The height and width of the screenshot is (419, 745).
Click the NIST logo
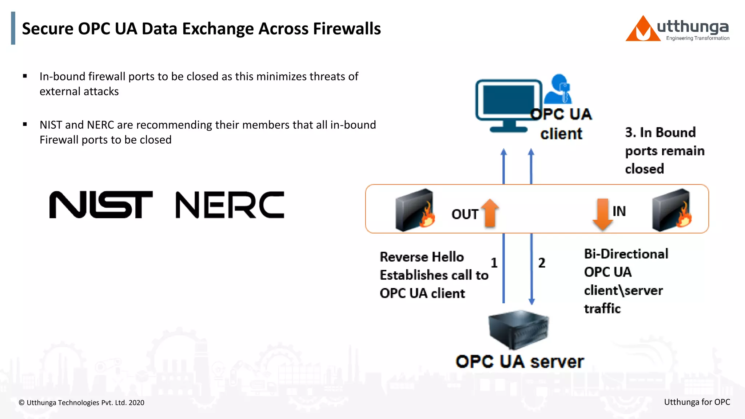click(x=101, y=205)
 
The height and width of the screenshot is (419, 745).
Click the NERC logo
click(x=230, y=205)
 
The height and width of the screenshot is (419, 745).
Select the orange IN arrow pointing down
click(x=602, y=214)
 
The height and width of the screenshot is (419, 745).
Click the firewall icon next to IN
click(x=672, y=210)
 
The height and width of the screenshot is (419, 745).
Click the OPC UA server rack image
click(x=519, y=329)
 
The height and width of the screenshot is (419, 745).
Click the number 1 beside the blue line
click(x=494, y=263)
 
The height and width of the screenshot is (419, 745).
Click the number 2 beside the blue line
click(x=542, y=263)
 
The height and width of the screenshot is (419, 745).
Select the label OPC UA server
click(x=519, y=362)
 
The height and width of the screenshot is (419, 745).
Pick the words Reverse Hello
click(x=422, y=257)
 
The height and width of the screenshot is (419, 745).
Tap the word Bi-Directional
click(x=626, y=254)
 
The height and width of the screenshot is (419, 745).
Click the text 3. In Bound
click(x=660, y=132)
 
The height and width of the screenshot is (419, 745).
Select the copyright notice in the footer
click(x=81, y=403)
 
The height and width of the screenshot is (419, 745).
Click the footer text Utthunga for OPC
click(x=697, y=402)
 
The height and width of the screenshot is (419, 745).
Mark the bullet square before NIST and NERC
click(x=25, y=124)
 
